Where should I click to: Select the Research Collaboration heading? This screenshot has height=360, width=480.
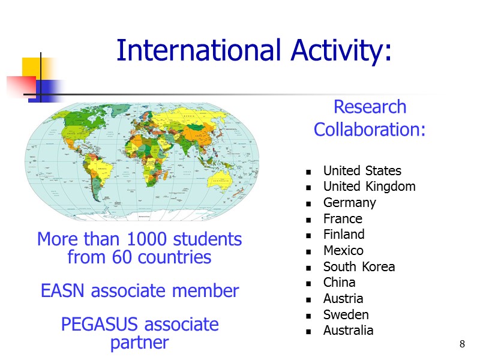pos(370,118)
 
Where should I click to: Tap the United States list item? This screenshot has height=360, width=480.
pos(362,171)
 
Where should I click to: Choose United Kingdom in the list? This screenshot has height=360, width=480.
pos(369,187)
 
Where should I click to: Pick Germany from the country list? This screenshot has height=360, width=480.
pos(349,203)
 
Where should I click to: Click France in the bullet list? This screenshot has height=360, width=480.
pos(343,219)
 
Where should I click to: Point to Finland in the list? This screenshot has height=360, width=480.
pos(343,235)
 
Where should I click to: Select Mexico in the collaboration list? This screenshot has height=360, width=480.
pos(343,250)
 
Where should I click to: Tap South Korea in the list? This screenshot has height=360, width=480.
pos(359,266)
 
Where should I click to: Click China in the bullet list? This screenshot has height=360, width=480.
pos(339,282)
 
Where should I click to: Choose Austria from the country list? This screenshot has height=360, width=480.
pos(343,298)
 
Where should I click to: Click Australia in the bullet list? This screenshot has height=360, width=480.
pos(348,330)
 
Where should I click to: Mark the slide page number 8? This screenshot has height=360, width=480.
pos(462,344)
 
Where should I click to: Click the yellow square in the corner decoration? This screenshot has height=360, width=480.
pos(32,67)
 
